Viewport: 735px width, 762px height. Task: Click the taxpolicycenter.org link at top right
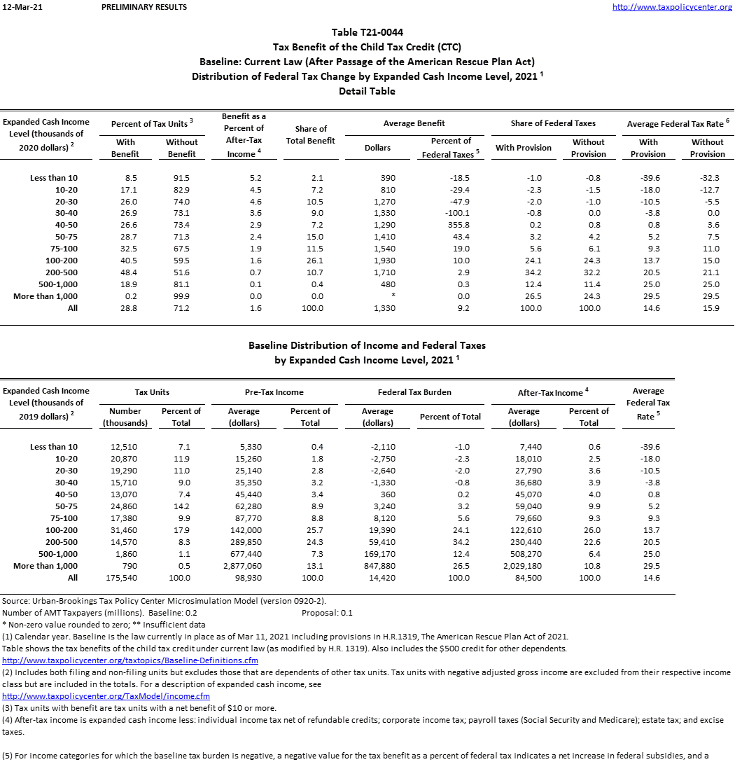(x=672, y=7)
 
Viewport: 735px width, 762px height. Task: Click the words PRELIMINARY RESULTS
(x=144, y=7)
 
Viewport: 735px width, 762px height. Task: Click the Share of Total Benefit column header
(x=311, y=134)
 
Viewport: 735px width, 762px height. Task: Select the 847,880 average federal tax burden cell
(x=377, y=566)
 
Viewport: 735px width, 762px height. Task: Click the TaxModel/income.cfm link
(x=106, y=696)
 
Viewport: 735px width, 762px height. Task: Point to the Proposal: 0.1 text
(x=327, y=613)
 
